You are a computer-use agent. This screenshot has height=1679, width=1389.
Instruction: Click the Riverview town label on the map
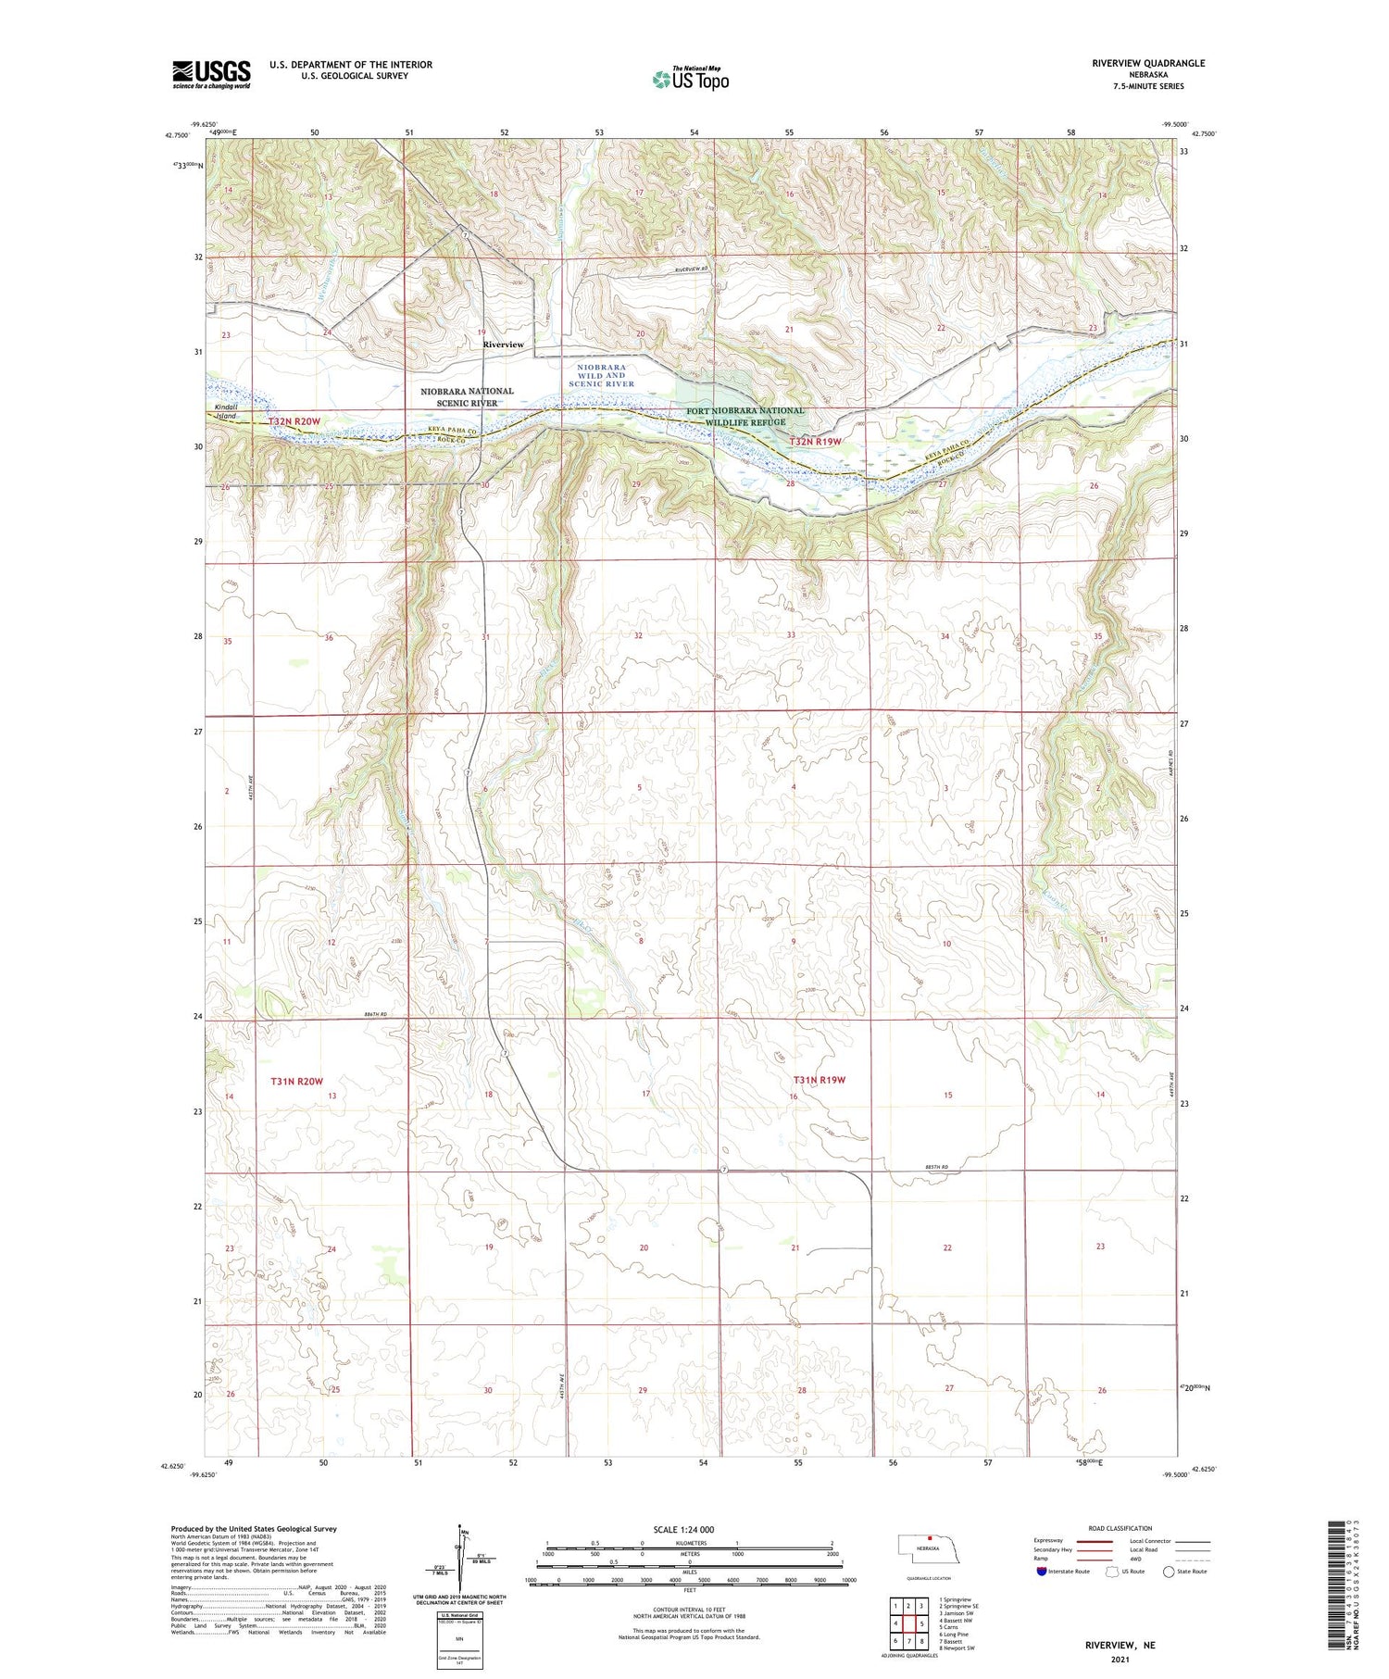coord(503,345)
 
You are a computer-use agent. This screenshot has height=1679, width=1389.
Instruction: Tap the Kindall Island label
coord(226,411)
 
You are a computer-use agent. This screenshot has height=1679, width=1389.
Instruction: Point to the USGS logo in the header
coord(211,74)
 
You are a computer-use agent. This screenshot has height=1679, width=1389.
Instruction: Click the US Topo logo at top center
coord(690,79)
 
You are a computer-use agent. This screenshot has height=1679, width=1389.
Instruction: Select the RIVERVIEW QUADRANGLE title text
coord(1148,63)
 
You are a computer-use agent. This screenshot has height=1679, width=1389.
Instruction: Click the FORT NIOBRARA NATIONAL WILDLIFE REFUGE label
coord(745,416)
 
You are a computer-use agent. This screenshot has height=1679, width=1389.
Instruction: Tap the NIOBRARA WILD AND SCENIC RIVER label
coord(602,376)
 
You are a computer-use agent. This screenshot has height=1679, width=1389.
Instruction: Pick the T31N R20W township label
coord(296,1081)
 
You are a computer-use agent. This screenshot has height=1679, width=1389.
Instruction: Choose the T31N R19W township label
coord(819,1080)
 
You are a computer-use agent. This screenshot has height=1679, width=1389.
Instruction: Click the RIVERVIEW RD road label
coord(690,269)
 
